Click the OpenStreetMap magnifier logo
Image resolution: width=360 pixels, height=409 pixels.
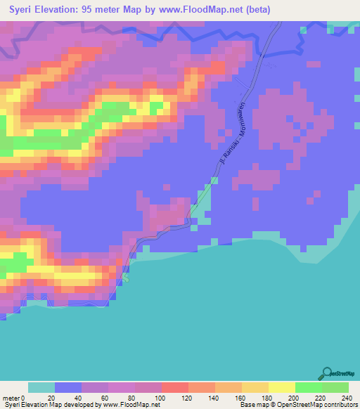pyautogui.click(x=328, y=373)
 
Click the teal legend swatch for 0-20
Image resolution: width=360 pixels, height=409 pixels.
pyautogui.click(x=41, y=387)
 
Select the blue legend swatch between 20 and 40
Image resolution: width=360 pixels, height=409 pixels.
pyautogui.click(x=68, y=387)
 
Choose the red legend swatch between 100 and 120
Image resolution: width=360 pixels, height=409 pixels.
pyautogui.click(x=175, y=387)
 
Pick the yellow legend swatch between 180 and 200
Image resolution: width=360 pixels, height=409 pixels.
pyautogui.click(x=282, y=387)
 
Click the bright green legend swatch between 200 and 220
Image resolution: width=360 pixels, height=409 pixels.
pyautogui.click(x=309, y=387)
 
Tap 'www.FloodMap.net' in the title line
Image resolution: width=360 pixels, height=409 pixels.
pyautogui.click(x=212, y=9)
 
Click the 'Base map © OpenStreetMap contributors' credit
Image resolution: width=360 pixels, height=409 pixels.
pyautogui.click(x=297, y=405)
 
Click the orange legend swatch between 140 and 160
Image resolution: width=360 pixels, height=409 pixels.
pyautogui.click(x=229, y=387)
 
